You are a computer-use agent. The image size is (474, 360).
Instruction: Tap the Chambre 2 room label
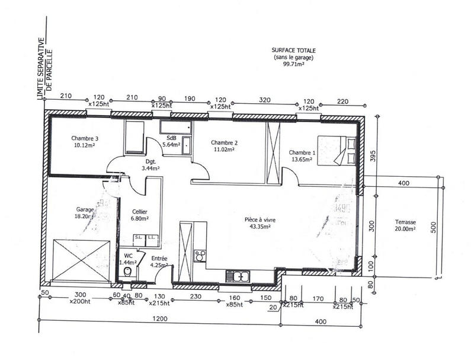(x=224, y=142)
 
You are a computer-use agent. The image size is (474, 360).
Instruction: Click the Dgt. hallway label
(x=150, y=161)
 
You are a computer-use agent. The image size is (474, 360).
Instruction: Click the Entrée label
(x=159, y=259)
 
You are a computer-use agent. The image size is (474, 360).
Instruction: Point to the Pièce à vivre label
(x=260, y=219)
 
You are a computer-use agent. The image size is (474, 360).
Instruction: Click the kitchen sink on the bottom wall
(x=238, y=276)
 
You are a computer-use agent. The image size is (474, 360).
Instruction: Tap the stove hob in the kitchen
(x=200, y=256)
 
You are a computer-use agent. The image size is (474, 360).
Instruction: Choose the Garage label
(x=85, y=209)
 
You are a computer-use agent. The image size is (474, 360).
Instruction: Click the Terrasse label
(x=406, y=223)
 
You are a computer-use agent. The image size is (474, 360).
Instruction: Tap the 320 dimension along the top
(x=264, y=101)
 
